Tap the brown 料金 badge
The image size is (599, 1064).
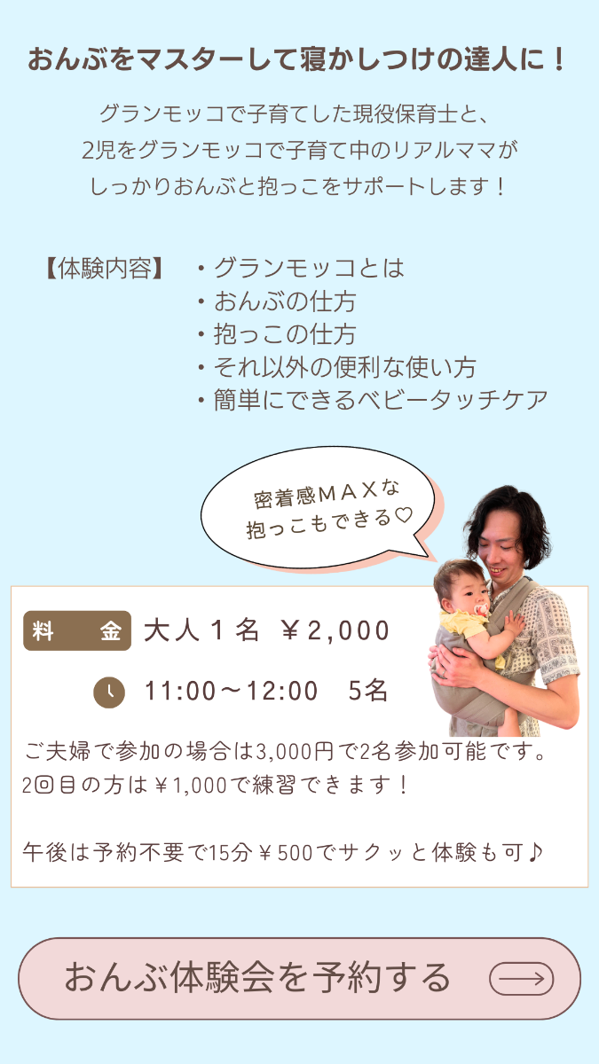[77, 630]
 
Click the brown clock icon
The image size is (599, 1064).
[109, 692]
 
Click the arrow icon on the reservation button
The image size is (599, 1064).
[522, 979]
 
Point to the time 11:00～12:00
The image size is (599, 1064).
[231, 691]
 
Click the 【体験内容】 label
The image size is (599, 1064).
[105, 269]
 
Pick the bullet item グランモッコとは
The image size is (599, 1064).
[302, 268]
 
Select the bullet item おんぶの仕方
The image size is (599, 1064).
[277, 301]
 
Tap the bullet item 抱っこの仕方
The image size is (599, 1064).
[277, 334]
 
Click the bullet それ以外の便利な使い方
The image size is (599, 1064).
[337, 367]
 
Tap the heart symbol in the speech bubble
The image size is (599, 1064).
[404, 515]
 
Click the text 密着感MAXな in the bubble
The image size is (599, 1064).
[327, 495]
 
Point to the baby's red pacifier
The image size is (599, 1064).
[481, 610]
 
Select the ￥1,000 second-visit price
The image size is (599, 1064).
[191, 786]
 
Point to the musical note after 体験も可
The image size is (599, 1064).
[535, 852]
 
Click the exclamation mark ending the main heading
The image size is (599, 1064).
[560, 60]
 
